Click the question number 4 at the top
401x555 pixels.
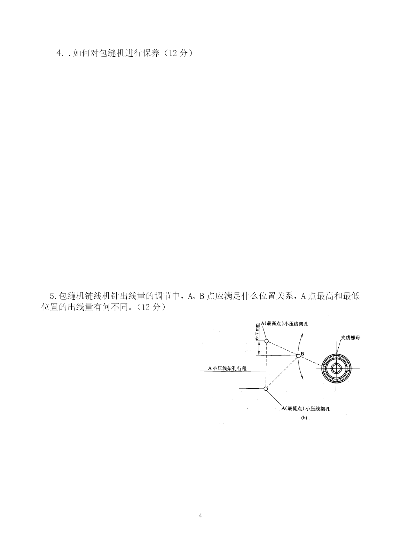click(x=59, y=53)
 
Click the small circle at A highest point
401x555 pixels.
click(x=266, y=341)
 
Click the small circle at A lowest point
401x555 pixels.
click(x=266, y=389)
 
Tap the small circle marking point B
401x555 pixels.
click(x=298, y=356)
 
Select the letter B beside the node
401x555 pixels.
click(x=302, y=354)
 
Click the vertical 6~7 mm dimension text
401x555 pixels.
click(x=258, y=331)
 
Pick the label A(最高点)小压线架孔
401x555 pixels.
click(x=284, y=324)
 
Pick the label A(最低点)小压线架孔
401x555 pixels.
click(x=306, y=409)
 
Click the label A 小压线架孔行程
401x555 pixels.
click(x=227, y=368)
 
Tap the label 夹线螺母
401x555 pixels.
click(x=350, y=338)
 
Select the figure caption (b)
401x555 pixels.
click(x=304, y=418)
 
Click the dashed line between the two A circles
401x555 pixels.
click(x=266, y=365)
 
